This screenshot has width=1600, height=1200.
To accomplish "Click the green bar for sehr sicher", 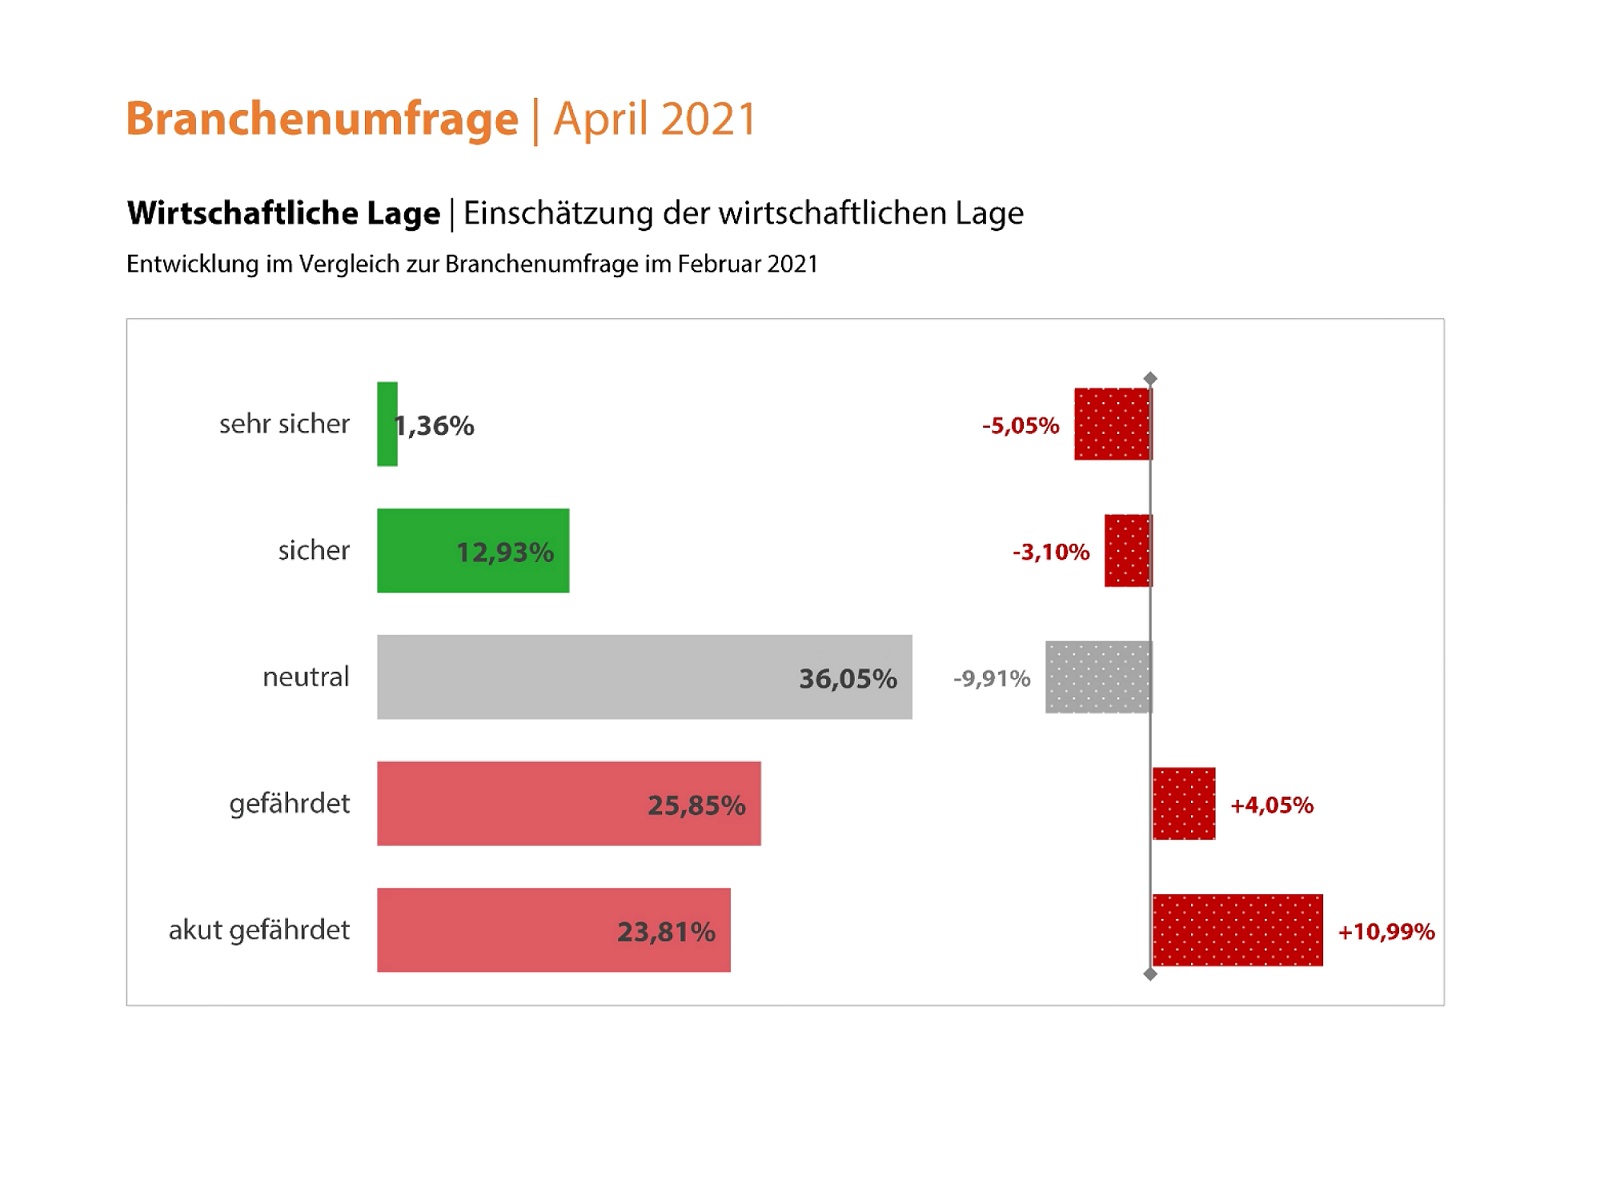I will (387, 424).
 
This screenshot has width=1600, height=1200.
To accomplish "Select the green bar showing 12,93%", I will (473, 551).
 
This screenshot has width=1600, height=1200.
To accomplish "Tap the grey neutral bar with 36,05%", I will (644, 677).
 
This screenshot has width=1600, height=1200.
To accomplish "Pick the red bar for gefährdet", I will (568, 804).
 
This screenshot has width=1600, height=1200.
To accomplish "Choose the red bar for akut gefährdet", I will (553, 930).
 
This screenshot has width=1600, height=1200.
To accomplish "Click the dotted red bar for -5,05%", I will (1112, 424).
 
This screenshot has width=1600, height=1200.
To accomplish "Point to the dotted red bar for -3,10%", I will (1128, 551).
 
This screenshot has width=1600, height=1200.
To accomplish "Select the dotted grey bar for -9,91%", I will (1098, 677).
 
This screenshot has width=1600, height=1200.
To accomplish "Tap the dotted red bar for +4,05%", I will (1184, 804).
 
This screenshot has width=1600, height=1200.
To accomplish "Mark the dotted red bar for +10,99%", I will (1237, 930).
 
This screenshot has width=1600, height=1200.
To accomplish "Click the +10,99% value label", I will (1386, 932).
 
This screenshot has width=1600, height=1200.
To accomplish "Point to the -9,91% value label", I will (991, 679).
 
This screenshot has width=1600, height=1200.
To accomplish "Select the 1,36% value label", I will (436, 426).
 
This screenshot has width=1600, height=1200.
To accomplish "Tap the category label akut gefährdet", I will (259, 930).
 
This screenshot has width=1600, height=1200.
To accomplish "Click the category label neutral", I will (306, 677).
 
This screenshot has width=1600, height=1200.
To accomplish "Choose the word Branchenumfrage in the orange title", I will (322, 119).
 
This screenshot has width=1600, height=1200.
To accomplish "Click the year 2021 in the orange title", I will (708, 119).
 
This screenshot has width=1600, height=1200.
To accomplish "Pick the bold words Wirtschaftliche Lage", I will (283, 213).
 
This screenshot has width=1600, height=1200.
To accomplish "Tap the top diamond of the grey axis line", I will (1150, 379).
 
